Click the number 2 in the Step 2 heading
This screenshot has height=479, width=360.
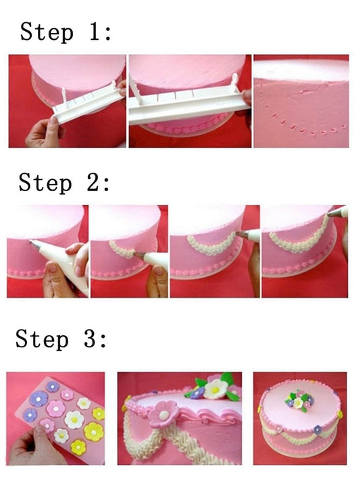(x=94, y=182)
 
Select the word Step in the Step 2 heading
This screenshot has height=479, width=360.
(x=45, y=182)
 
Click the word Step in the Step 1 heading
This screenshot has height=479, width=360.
(x=45, y=32)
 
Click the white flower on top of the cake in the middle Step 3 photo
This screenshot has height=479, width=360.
(x=216, y=388)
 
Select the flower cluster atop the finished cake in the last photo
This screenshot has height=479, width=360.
(x=297, y=400)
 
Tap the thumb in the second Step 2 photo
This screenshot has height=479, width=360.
(x=157, y=274)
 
